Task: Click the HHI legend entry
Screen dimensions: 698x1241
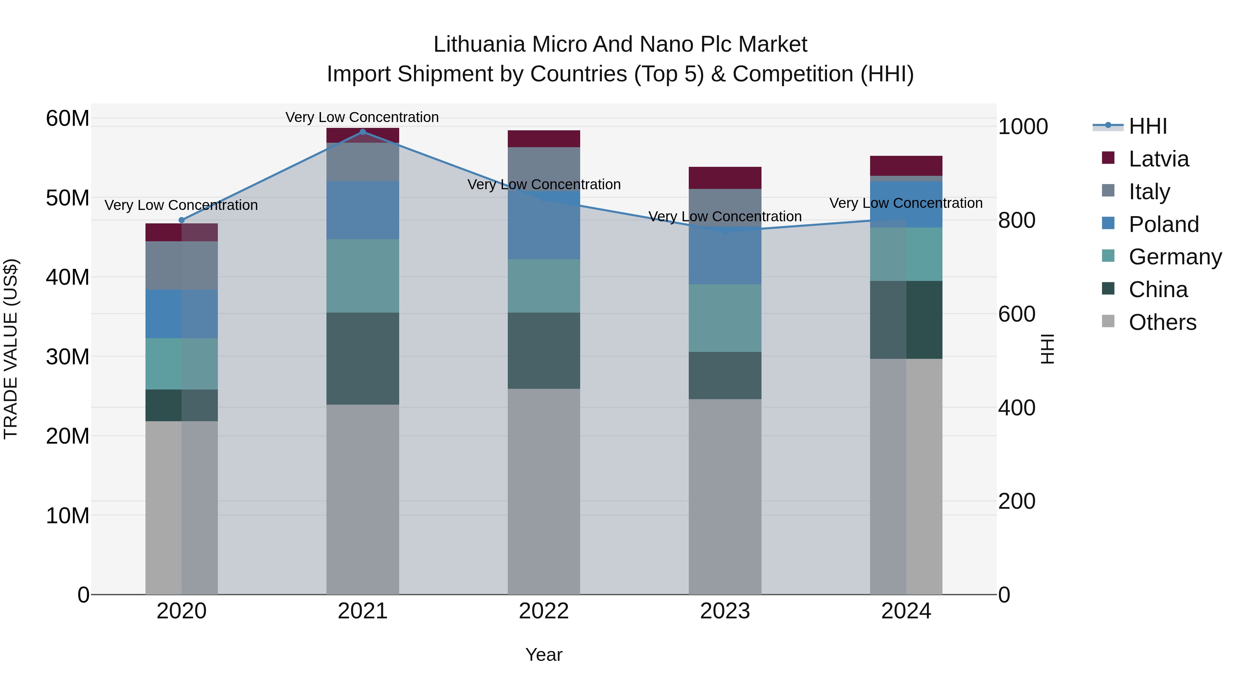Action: tap(1148, 126)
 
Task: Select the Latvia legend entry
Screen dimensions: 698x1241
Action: tap(1158, 159)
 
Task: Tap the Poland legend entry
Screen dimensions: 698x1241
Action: tap(1163, 224)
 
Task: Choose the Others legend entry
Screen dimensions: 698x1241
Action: tap(1162, 322)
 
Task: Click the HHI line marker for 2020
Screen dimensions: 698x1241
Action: tap(182, 220)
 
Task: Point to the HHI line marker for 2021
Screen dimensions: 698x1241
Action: tap(363, 132)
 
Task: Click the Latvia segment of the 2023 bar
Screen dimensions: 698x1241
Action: tap(725, 178)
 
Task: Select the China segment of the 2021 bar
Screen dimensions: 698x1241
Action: tap(363, 358)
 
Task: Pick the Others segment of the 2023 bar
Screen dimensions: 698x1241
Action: tap(725, 496)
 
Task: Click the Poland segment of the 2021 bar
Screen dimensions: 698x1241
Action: tap(363, 210)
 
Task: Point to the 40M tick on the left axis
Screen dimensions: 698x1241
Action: tap(68, 277)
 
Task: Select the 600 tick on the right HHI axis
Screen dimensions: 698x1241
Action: tap(1017, 314)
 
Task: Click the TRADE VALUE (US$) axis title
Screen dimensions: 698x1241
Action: tap(11, 349)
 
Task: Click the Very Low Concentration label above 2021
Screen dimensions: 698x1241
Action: tap(362, 117)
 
